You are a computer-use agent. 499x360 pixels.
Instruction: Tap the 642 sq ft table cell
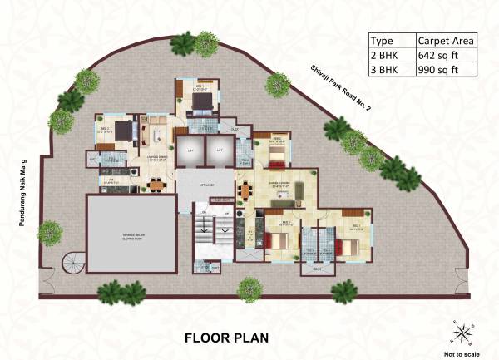coord(445,55)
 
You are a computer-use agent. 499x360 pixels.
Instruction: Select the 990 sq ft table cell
coord(445,70)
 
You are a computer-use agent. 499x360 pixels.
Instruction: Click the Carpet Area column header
coord(445,40)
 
